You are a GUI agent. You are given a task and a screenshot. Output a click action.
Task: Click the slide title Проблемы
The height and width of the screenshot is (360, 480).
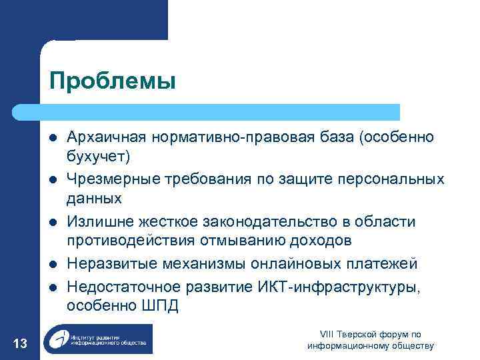click(112, 81)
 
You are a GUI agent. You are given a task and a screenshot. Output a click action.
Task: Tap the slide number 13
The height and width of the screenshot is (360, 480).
click(20, 343)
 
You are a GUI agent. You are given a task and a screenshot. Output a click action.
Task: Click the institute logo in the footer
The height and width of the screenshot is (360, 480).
click(97, 339)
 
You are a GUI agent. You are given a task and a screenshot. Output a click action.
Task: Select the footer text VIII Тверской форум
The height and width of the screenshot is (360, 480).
click(370, 334)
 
